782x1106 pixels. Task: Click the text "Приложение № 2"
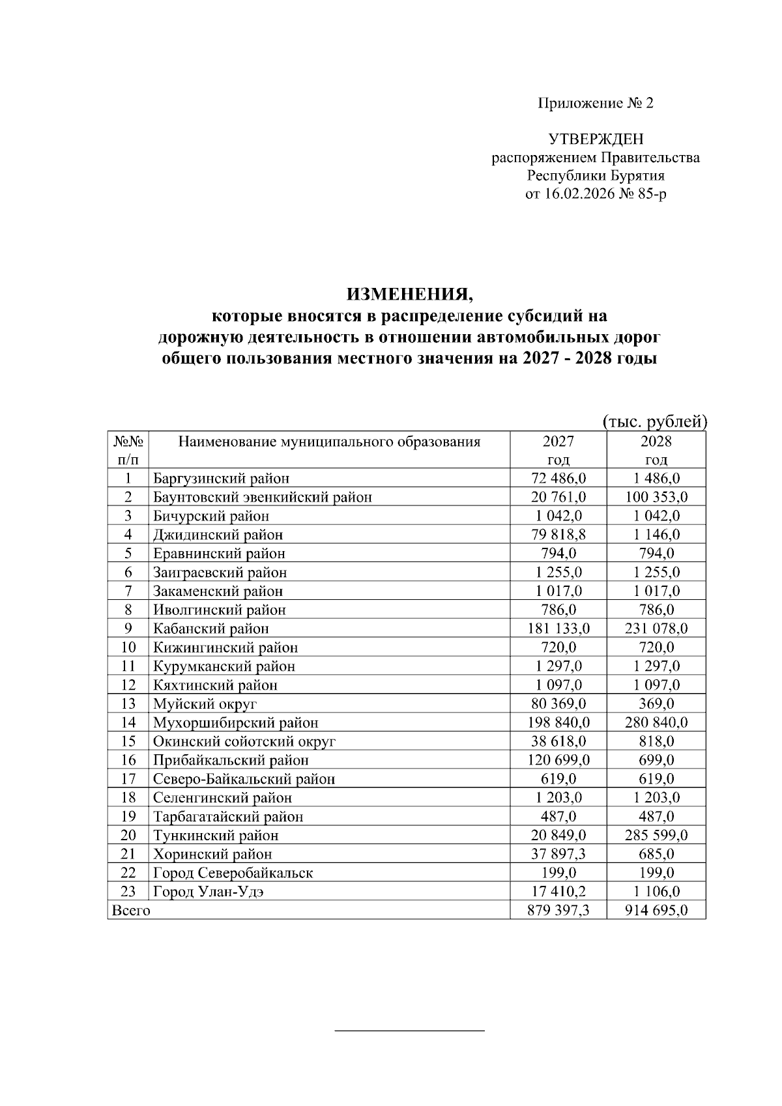tap(595, 103)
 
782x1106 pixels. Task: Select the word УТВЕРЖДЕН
tap(596, 139)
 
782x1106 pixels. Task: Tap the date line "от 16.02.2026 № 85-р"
tap(596, 194)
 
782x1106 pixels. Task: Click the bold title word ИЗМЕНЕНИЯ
tap(410, 294)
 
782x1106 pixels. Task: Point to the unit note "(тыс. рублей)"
tap(654, 421)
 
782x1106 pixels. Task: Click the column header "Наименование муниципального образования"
tap(329, 442)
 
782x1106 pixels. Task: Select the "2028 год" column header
tap(656, 450)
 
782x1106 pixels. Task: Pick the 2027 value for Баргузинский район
tap(558, 479)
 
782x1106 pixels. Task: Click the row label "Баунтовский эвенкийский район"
tap(263, 498)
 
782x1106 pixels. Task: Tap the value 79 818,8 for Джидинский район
tap(558, 535)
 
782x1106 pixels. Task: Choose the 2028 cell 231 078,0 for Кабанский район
tap(656, 629)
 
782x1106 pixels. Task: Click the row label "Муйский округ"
tap(205, 704)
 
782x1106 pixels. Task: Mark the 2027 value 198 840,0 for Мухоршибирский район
tap(558, 722)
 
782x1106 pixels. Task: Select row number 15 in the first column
tap(128, 741)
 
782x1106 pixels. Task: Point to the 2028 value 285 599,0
tap(656, 835)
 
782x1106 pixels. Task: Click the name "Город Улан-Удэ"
tap(209, 892)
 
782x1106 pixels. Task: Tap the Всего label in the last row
tap(131, 911)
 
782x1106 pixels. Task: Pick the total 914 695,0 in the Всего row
tap(656, 911)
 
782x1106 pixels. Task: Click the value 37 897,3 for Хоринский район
tap(558, 854)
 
